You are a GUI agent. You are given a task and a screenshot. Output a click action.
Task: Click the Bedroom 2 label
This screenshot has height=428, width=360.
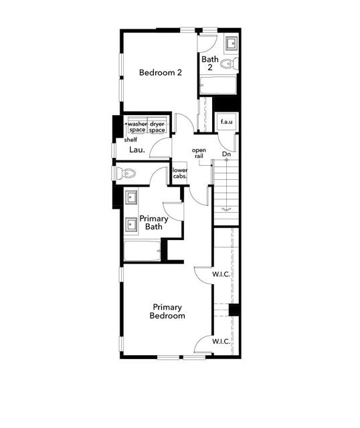point(161,72)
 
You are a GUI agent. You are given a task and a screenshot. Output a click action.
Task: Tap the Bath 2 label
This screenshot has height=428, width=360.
point(209,63)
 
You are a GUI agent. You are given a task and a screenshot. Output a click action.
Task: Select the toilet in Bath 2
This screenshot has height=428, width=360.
point(230,66)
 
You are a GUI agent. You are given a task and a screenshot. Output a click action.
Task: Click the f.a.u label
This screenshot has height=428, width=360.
point(226,123)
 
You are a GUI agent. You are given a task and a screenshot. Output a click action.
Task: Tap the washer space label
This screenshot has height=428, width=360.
point(137,126)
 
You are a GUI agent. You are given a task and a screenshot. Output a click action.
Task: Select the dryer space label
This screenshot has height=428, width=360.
point(157,126)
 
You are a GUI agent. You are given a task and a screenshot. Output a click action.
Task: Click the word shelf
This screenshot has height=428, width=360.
point(130,140)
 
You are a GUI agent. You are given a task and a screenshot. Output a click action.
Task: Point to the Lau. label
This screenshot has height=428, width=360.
point(137,150)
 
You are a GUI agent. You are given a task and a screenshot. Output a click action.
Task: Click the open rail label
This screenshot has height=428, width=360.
point(199,152)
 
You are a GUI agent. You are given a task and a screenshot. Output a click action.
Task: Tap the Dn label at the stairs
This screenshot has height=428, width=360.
point(227,155)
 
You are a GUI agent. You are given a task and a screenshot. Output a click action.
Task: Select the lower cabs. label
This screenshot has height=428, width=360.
point(180,174)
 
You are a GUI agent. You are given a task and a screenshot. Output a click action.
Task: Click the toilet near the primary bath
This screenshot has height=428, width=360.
point(126,174)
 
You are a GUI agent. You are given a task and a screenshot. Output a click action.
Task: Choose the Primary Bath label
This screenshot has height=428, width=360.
point(154,223)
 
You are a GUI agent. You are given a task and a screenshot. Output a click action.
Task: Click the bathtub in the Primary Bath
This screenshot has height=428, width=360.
point(142,251)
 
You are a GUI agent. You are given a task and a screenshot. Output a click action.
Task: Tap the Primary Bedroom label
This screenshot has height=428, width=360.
point(167,311)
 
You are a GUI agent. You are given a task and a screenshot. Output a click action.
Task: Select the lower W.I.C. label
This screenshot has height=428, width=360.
point(221,342)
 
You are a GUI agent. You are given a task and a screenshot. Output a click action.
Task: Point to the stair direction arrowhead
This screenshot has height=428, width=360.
point(226,209)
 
